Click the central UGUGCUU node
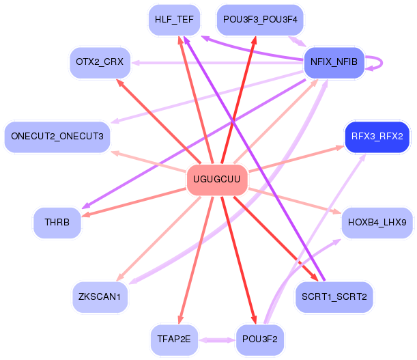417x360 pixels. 217,180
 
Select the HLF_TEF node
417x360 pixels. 174,20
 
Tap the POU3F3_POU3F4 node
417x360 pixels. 260,20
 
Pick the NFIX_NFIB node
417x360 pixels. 334,63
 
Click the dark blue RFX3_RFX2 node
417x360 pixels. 377,137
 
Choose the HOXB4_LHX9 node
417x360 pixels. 377,223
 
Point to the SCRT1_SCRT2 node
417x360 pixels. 334,297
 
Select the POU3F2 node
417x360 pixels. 260,340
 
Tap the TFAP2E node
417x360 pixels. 174,340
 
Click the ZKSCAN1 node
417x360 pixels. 100,297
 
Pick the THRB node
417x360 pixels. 57,223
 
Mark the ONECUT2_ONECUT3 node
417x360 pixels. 57,137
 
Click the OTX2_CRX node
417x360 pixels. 100,63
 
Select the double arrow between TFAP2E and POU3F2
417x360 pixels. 217,340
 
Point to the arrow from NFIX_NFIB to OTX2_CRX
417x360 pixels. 218,63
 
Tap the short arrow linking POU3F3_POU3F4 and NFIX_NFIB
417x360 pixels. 298,41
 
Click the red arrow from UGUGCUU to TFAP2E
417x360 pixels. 197,260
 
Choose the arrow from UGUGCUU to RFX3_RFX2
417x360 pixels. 296,158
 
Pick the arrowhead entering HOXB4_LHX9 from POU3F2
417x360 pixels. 337,242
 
